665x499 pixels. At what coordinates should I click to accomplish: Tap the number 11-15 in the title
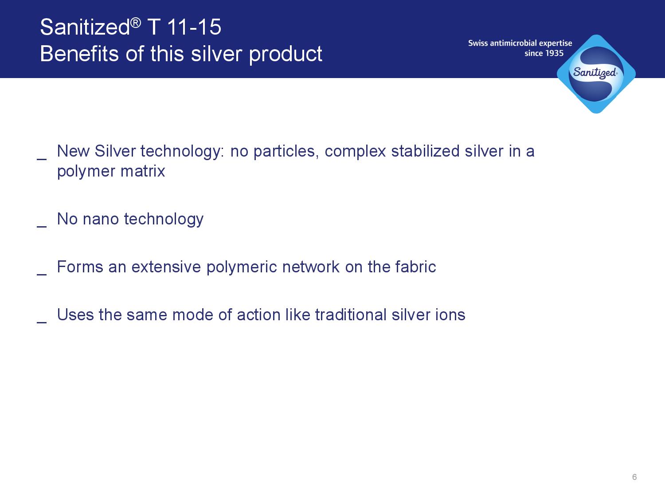click(194, 27)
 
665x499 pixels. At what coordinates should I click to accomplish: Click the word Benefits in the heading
click(79, 54)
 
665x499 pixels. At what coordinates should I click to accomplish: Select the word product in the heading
click(286, 55)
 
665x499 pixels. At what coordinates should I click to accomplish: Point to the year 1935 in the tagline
click(555, 53)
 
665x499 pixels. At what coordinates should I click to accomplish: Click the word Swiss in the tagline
click(478, 43)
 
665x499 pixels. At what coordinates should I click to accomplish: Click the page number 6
click(634, 477)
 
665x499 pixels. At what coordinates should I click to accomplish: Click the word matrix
click(143, 171)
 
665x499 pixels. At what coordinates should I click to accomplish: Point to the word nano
click(101, 220)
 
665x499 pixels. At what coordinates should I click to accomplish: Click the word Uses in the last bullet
click(75, 315)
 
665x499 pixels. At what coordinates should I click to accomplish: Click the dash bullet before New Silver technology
click(42, 158)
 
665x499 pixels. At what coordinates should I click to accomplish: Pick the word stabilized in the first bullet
click(425, 151)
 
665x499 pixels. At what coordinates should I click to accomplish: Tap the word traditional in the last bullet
click(351, 315)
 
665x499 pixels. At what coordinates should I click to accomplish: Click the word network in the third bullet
click(311, 267)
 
